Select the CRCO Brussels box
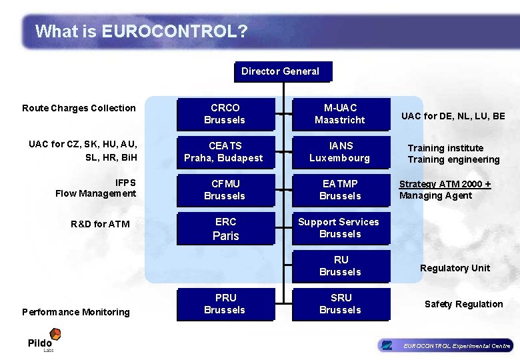(x=225, y=114)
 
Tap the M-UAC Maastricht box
(x=340, y=114)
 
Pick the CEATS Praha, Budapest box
(x=225, y=152)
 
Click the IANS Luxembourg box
(x=340, y=152)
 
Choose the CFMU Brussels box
(x=225, y=190)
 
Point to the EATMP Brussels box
(x=340, y=190)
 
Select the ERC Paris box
(x=225, y=229)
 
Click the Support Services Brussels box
(x=340, y=228)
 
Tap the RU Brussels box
(x=340, y=266)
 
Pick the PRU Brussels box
(x=225, y=304)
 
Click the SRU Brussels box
(x=340, y=304)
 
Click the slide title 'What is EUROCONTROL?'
(x=141, y=31)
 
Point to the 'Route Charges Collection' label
(x=79, y=108)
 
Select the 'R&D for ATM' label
(x=100, y=224)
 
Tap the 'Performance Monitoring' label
(x=76, y=312)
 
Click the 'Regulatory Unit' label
(x=455, y=268)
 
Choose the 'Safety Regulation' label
(x=463, y=304)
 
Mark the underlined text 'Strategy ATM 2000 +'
(x=445, y=184)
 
